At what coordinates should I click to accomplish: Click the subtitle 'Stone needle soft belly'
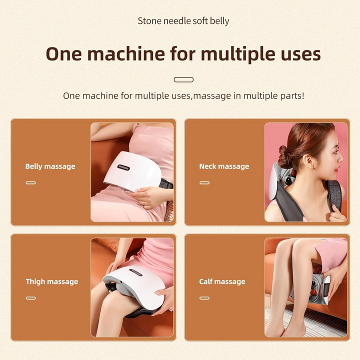click(183, 21)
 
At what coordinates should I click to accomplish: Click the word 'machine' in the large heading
click(126, 54)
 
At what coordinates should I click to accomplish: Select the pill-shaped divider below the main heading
click(183, 79)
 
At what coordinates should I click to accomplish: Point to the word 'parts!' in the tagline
click(292, 96)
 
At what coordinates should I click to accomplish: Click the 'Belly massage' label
click(50, 166)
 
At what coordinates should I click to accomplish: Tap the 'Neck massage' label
click(224, 166)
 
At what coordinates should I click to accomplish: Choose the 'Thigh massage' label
click(52, 281)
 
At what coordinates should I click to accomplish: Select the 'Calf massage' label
click(222, 281)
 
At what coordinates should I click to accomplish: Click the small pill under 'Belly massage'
click(31, 183)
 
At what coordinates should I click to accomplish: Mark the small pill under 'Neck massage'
click(204, 183)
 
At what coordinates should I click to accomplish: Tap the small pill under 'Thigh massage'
click(31, 298)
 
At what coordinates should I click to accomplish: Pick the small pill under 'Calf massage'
click(204, 298)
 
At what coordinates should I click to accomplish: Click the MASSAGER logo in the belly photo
click(123, 167)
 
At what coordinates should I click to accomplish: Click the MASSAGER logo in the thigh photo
click(135, 272)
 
